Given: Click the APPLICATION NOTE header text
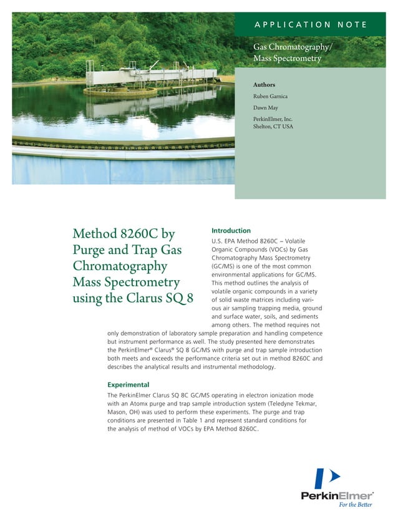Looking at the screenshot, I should (x=309, y=25).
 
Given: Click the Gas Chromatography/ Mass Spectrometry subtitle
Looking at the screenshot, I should (x=291, y=53).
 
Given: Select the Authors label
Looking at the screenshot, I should (x=264, y=85).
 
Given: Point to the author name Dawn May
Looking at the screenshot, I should (x=266, y=107).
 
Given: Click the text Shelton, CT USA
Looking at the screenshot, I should (x=273, y=127).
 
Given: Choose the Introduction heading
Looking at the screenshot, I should (x=231, y=231).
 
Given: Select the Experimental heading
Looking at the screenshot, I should (x=128, y=384).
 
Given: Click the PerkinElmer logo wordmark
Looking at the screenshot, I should (x=337, y=495).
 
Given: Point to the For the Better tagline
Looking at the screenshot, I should (x=355, y=505).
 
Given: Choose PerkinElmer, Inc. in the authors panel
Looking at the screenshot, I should (x=273, y=119).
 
